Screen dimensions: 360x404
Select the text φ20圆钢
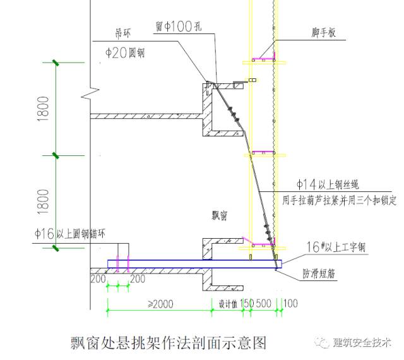click(124, 53)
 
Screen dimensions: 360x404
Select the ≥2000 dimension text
click(160, 304)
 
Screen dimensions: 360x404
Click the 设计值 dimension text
click(227, 304)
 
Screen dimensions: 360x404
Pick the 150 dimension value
click(247, 304)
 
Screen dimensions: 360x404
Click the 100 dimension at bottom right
click(291, 304)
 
